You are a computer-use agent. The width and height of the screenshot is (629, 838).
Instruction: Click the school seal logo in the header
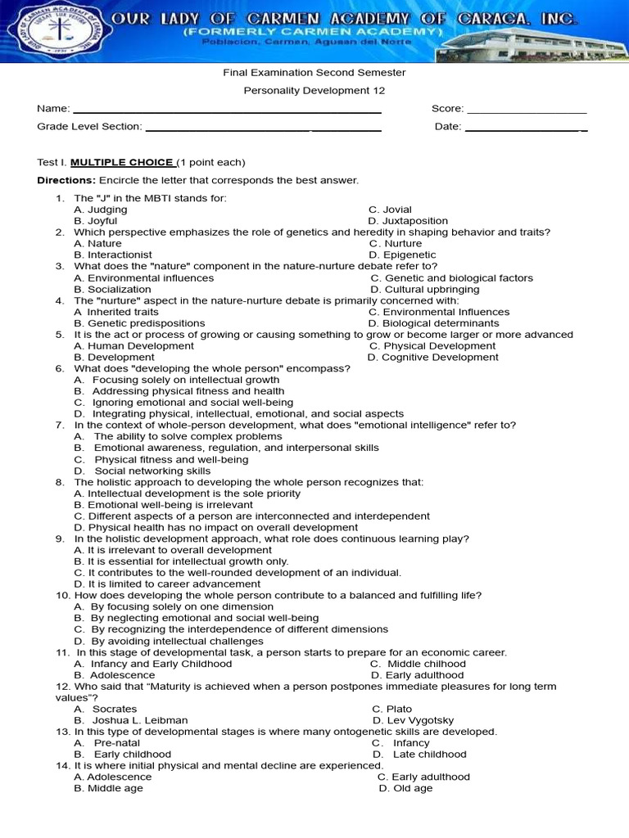[x=57, y=30]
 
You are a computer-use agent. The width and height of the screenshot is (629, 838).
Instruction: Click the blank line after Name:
[x=227, y=111]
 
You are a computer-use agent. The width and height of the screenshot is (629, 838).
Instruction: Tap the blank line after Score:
[x=527, y=111]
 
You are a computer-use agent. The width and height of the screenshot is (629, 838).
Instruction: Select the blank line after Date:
[x=525, y=129]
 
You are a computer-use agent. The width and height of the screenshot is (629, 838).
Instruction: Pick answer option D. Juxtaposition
[x=408, y=221]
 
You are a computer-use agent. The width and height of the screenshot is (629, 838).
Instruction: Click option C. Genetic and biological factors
[x=451, y=278]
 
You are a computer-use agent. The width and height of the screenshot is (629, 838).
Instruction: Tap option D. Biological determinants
[x=433, y=323]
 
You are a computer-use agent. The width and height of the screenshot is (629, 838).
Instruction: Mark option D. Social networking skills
[x=143, y=471]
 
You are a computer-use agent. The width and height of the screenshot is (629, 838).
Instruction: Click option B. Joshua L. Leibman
[x=131, y=720]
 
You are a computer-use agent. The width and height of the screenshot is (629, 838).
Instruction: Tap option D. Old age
[x=405, y=788]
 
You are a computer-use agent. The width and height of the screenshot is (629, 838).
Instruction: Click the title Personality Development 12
[x=314, y=91]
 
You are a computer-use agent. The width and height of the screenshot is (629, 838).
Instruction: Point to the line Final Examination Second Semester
[x=314, y=73]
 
